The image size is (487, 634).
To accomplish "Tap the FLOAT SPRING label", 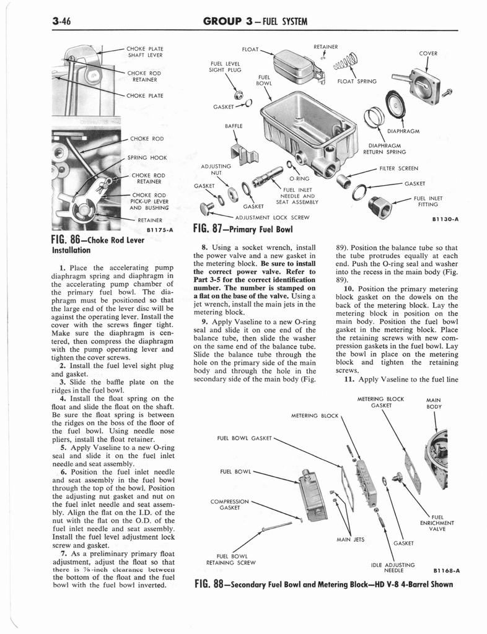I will pyautogui.click(x=358, y=80).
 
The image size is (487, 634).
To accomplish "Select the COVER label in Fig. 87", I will pyautogui.click(x=428, y=53).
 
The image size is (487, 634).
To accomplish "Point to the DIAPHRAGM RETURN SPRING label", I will pyautogui.click(x=384, y=148).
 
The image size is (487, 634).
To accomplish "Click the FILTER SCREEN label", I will pyautogui.click(x=400, y=168).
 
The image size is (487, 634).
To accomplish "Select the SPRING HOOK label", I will pyautogui.click(x=147, y=158).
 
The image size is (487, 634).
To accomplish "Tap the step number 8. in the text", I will pyautogui.click(x=206, y=248).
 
